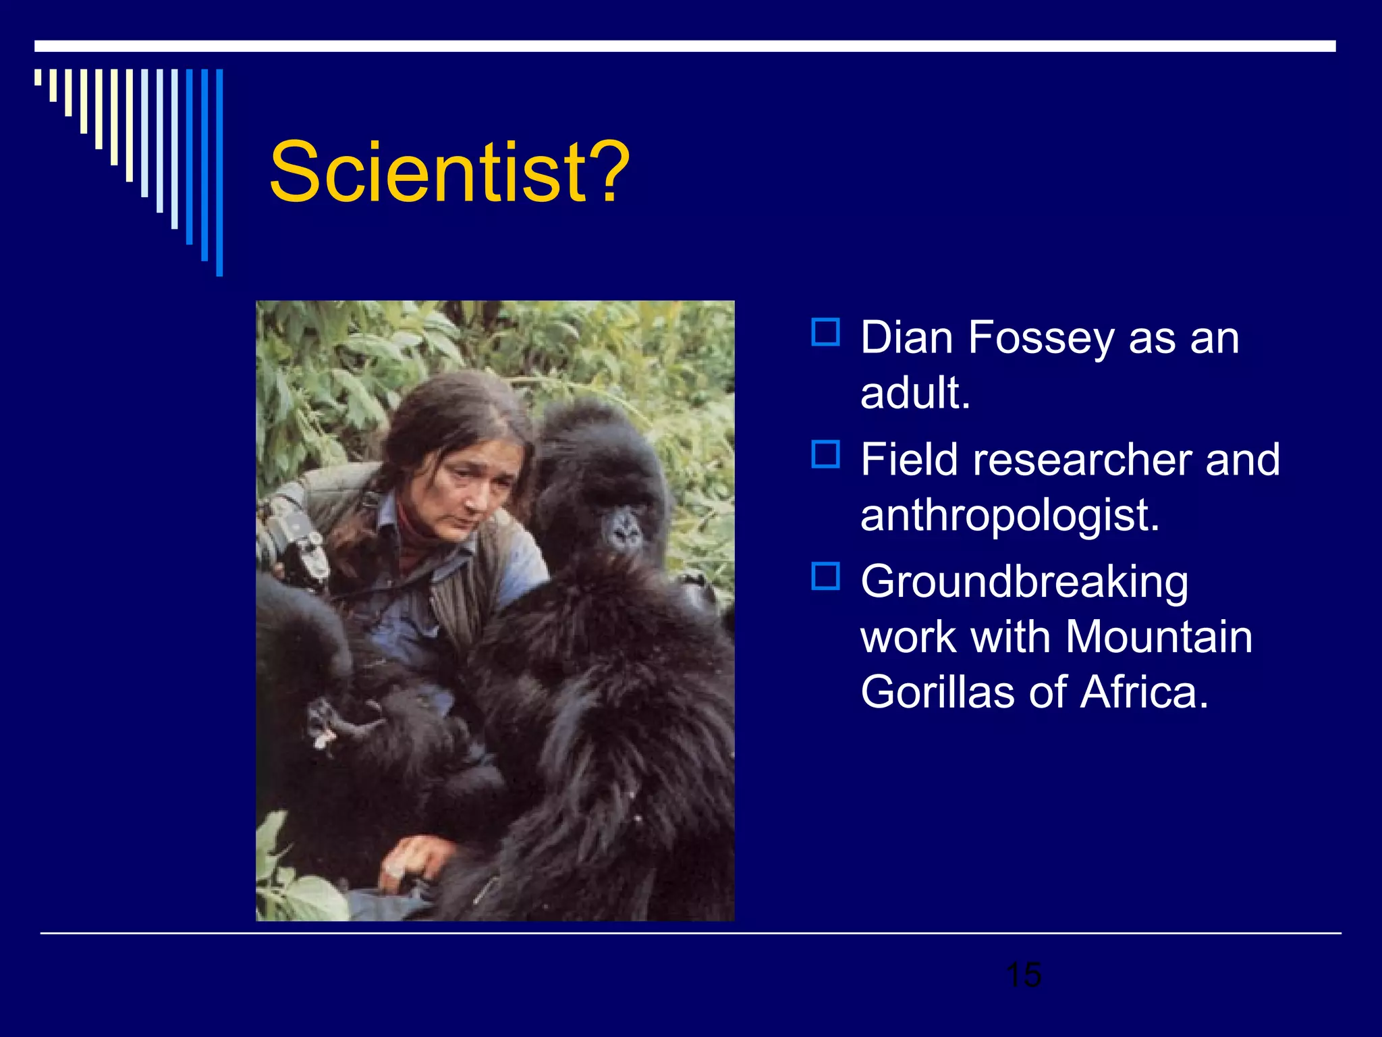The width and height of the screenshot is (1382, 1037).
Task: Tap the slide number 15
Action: [1023, 975]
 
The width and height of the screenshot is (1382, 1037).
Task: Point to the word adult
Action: [915, 393]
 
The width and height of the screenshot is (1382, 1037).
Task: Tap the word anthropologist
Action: [1010, 515]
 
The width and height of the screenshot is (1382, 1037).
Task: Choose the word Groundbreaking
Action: [1024, 582]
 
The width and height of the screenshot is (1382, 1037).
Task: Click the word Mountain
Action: [1159, 637]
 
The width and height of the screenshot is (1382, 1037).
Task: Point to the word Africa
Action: [1144, 692]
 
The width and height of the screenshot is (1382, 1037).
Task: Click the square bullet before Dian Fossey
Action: [825, 332]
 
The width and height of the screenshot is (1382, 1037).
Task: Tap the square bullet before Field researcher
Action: [825, 454]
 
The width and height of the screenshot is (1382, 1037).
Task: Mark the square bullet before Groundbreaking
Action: [825, 577]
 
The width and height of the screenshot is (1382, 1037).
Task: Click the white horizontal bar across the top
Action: [685, 46]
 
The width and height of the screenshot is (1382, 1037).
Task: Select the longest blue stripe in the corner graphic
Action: [219, 172]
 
